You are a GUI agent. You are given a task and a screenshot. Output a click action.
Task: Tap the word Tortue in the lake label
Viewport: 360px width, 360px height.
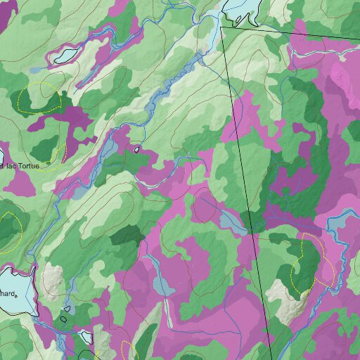pos(29,166)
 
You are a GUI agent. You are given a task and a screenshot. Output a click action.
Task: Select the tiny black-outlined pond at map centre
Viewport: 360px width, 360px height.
pos(136,149)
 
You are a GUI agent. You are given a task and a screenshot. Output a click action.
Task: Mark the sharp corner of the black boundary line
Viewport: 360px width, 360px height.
pos(221,28)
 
